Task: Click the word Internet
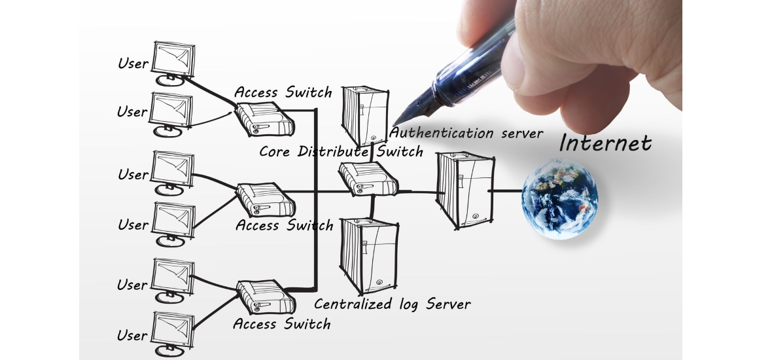pos(605,143)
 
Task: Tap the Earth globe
pos(560,198)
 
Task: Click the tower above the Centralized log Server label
pos(368,255)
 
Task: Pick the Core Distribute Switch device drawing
pos(368,178)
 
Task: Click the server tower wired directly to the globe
pos(463,190)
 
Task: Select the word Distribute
pos(333,151)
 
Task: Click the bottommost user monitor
pos(173,331)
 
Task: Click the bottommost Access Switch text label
pos(282,324)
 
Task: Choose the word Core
pos(275,151)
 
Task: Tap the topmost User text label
pos(133,63)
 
